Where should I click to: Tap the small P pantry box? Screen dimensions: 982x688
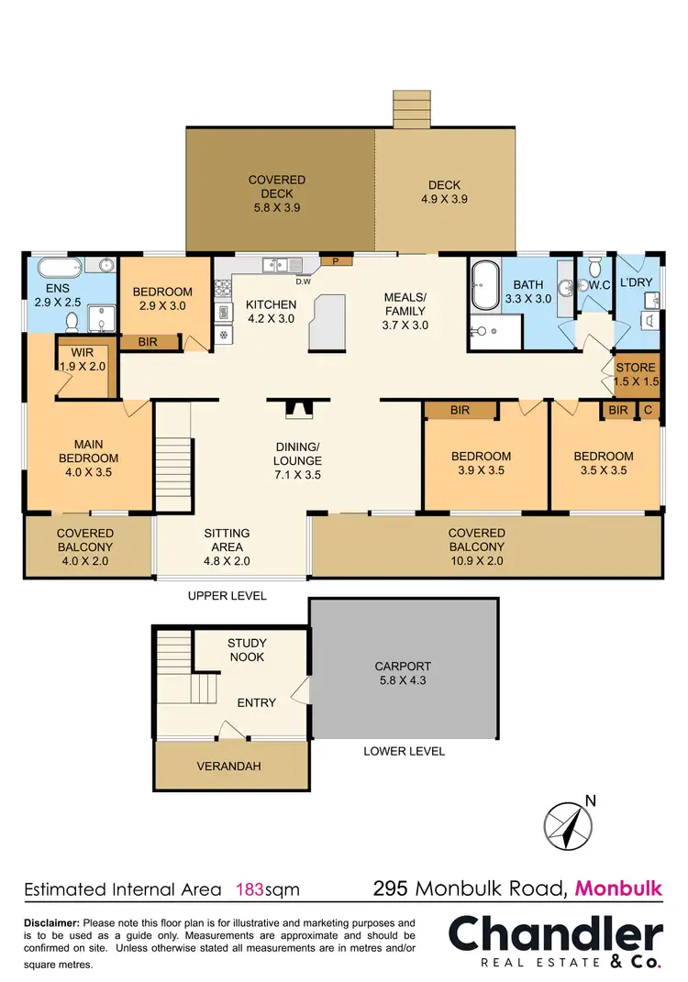click(x=337, y=261)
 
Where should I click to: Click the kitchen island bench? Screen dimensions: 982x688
click(x=328, y=322)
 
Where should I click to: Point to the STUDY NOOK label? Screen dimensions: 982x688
click(x=246, y=650)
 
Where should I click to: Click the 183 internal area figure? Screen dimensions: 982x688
click(x=251, y=888)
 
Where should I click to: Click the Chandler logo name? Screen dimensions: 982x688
click(x=555, y=935)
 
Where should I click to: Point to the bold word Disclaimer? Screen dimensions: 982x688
click(x=51, y=922)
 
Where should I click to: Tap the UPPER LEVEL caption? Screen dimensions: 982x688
click(x=227, y=596)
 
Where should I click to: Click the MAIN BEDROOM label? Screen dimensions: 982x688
click(x=89, y=452)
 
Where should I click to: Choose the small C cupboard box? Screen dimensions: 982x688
click(x=649, y=410)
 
